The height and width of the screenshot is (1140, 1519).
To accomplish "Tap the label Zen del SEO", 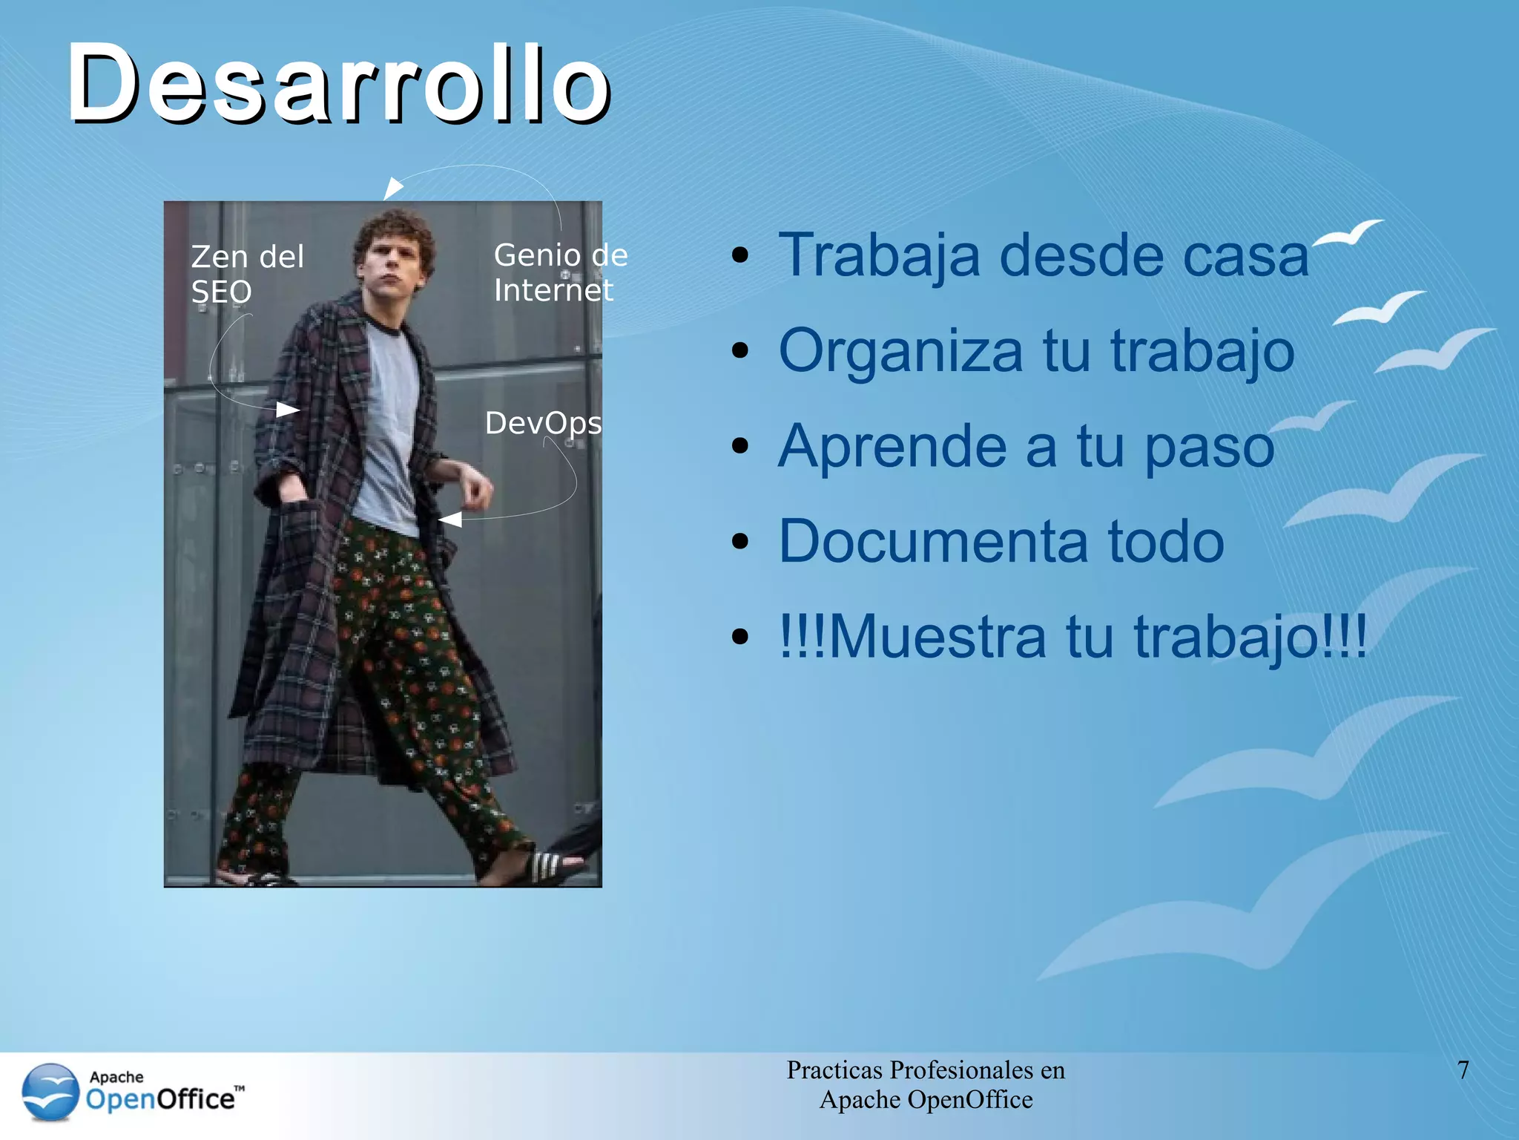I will point(246,274).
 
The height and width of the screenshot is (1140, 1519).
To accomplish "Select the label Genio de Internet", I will point(560,272).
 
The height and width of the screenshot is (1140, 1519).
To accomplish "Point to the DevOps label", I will point(543,423).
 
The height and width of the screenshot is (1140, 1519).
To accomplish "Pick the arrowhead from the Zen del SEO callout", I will point(288,409).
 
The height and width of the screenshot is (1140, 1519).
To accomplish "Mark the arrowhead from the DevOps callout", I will point(450,520).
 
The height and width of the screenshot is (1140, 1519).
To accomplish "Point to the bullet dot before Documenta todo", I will point(739,542).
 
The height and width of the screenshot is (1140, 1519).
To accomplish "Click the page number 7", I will point(1463,1070).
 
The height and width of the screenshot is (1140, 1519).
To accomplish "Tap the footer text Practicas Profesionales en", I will point(925,1070).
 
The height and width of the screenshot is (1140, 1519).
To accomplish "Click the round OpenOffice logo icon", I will point(50,1092).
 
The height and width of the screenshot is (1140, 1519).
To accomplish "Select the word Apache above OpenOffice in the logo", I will point(116,1077).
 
